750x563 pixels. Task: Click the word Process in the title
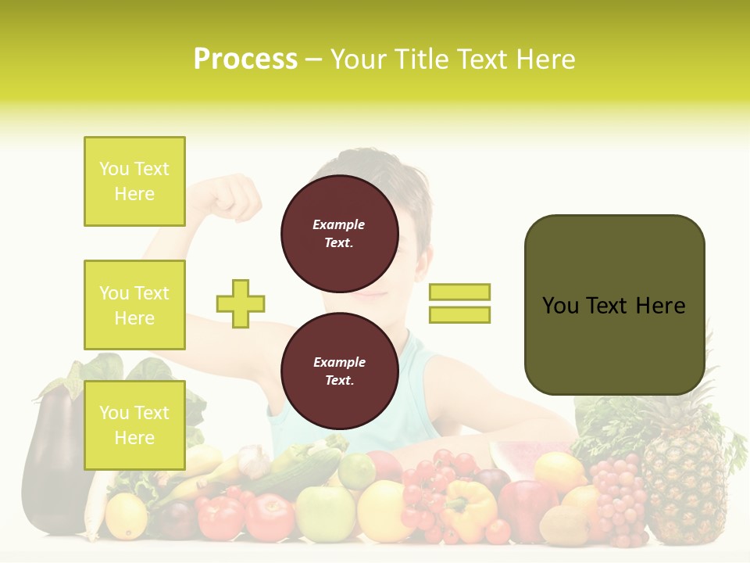click(x=245, y=59)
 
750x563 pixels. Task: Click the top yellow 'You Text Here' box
click(x=134, y=181)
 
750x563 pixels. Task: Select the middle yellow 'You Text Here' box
click(x=134, y=305)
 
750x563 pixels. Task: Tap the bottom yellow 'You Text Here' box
click(x=134, y=425)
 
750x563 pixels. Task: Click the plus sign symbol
click(x=240, y=303)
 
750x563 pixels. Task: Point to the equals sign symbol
click(x=459, y=303)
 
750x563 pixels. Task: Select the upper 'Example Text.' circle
click(x=339, y=233)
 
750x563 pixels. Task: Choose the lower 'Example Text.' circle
click(x=339, y=371)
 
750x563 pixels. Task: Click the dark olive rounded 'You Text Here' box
click(x=614, y=305)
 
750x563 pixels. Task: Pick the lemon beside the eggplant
click(x=126, y=516)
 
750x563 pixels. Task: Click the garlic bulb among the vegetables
click(x=253, y=461)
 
